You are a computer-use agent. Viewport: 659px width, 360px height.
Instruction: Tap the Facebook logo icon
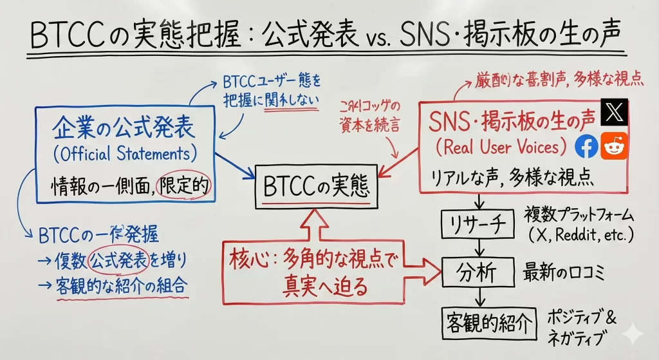(x=586, y=147)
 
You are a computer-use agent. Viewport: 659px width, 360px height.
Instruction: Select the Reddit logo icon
(x=614, y=147)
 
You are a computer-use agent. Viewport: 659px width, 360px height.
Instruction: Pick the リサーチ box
(x=478, y=223)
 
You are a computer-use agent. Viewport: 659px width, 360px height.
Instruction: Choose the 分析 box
(x=478, y=272)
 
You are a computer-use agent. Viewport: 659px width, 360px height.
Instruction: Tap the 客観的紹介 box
(x=489, y=323)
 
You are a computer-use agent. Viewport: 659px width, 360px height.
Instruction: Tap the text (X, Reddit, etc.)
(x=581, y=235)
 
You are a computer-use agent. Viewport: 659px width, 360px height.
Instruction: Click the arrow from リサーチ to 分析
(x=478, y=248)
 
